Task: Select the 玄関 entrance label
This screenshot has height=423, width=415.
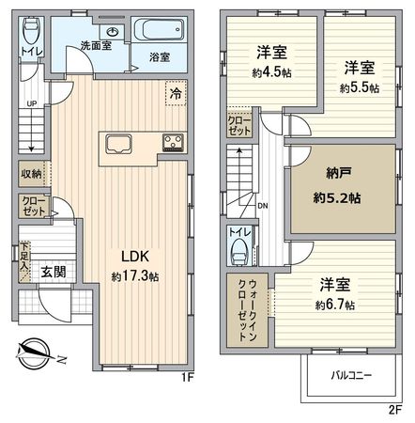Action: [53, 273]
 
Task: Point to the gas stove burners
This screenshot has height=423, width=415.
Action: [174, 144]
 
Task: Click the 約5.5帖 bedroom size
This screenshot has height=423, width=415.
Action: [359, 87]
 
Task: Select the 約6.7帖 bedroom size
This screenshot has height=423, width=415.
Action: [334, 305]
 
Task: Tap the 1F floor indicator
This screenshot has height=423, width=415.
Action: [186, 379]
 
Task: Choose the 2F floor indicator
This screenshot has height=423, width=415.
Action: [394, 409]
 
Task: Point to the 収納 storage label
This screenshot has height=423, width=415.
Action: [31, 173]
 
